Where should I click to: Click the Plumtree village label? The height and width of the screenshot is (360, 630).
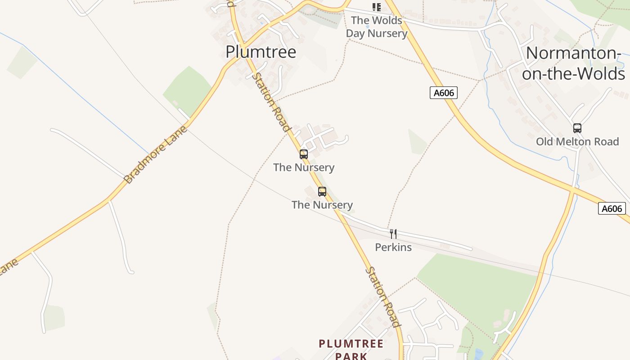pyautogui.click(x=261, y=52)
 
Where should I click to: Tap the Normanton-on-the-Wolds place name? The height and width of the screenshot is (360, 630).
pyautogui.click(x=573, y=63)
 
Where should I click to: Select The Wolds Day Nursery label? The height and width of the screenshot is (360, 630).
pyautogui.click(x=376, y=27)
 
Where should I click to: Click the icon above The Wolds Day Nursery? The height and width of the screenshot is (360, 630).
pyautogui.click(x=376, y=7)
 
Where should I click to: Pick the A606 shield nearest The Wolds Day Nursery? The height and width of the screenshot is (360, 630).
pyautogui.click(x=443, y=93)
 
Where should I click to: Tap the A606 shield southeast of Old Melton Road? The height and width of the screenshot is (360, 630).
pyautogui.click(x=612, y=209)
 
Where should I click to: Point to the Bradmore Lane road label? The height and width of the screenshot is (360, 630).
pyautogui.click(x=155, y=155)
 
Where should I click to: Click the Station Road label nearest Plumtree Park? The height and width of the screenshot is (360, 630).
pyautogui.click(x=382, y=297)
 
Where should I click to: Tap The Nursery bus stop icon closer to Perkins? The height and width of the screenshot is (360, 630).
pyautogui.click(x=322, y=191)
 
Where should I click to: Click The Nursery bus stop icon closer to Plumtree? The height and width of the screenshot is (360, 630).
pyautogui.click(x=304, y=154)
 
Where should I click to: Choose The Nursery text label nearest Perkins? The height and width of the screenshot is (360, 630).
pyautogui.click(x=322, y=205)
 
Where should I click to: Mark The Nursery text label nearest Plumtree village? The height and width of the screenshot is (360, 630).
pyautogui.click(x=304, y=167)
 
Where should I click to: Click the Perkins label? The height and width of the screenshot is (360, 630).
pyautogui.click(x=393, y=247)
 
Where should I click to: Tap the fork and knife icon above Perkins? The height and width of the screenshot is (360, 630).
pyautogui.click(x=393, y=234)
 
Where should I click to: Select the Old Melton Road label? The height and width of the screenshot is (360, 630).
pyautogui.click(x=577, y=141)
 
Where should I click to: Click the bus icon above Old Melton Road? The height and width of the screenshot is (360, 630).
pyautogui.click(x=577, y=128)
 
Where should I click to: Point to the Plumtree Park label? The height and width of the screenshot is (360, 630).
pyautogui.click(x=351, y=350)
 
